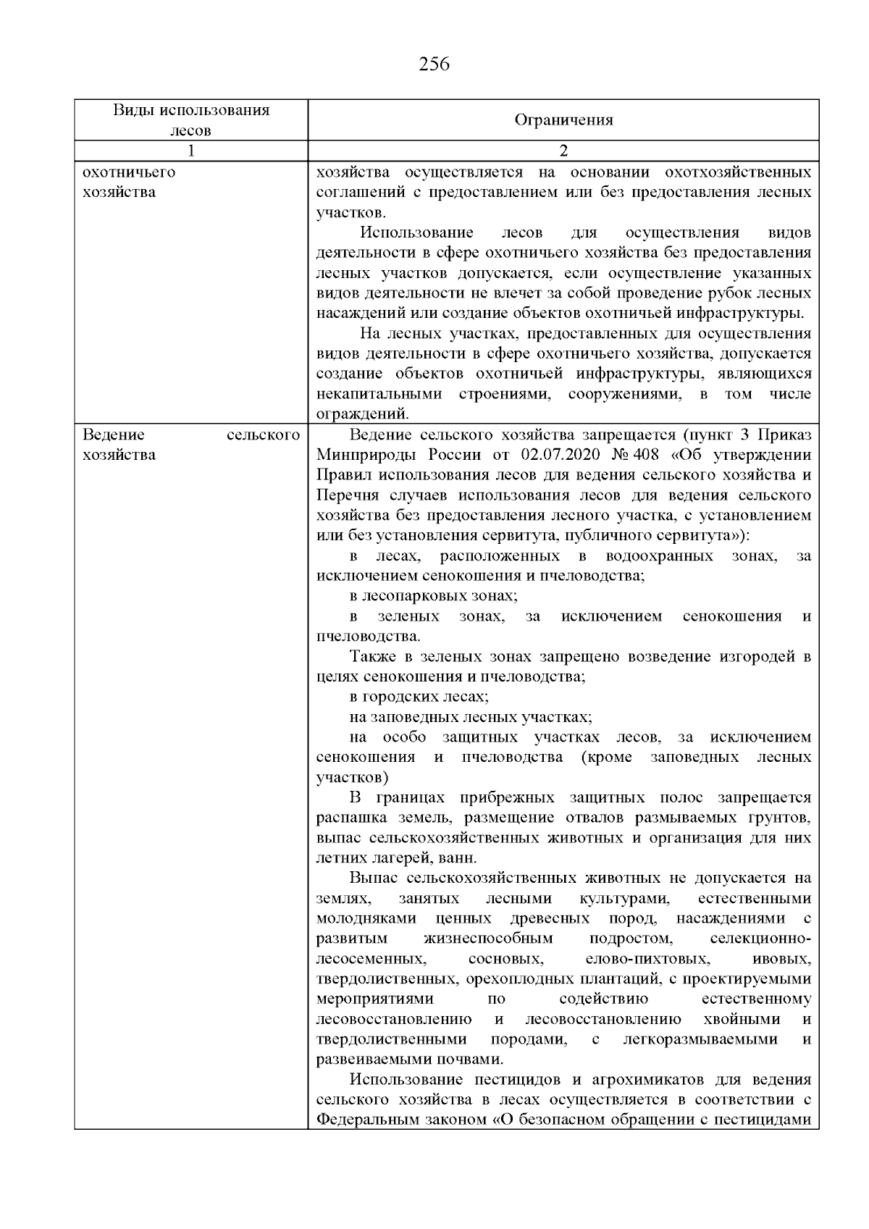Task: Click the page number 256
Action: click(x=434, y=64)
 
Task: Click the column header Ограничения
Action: click(x=563, y=120)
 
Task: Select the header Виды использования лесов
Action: click(x=191, y=120)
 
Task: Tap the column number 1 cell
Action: click(x=191, y=151)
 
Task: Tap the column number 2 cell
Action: click(x=563, y=151)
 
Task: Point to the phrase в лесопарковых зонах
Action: click(x=433, y=596)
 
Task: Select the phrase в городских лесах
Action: click(x=419, y=697)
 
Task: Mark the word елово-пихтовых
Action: click(x=646, y=959)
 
